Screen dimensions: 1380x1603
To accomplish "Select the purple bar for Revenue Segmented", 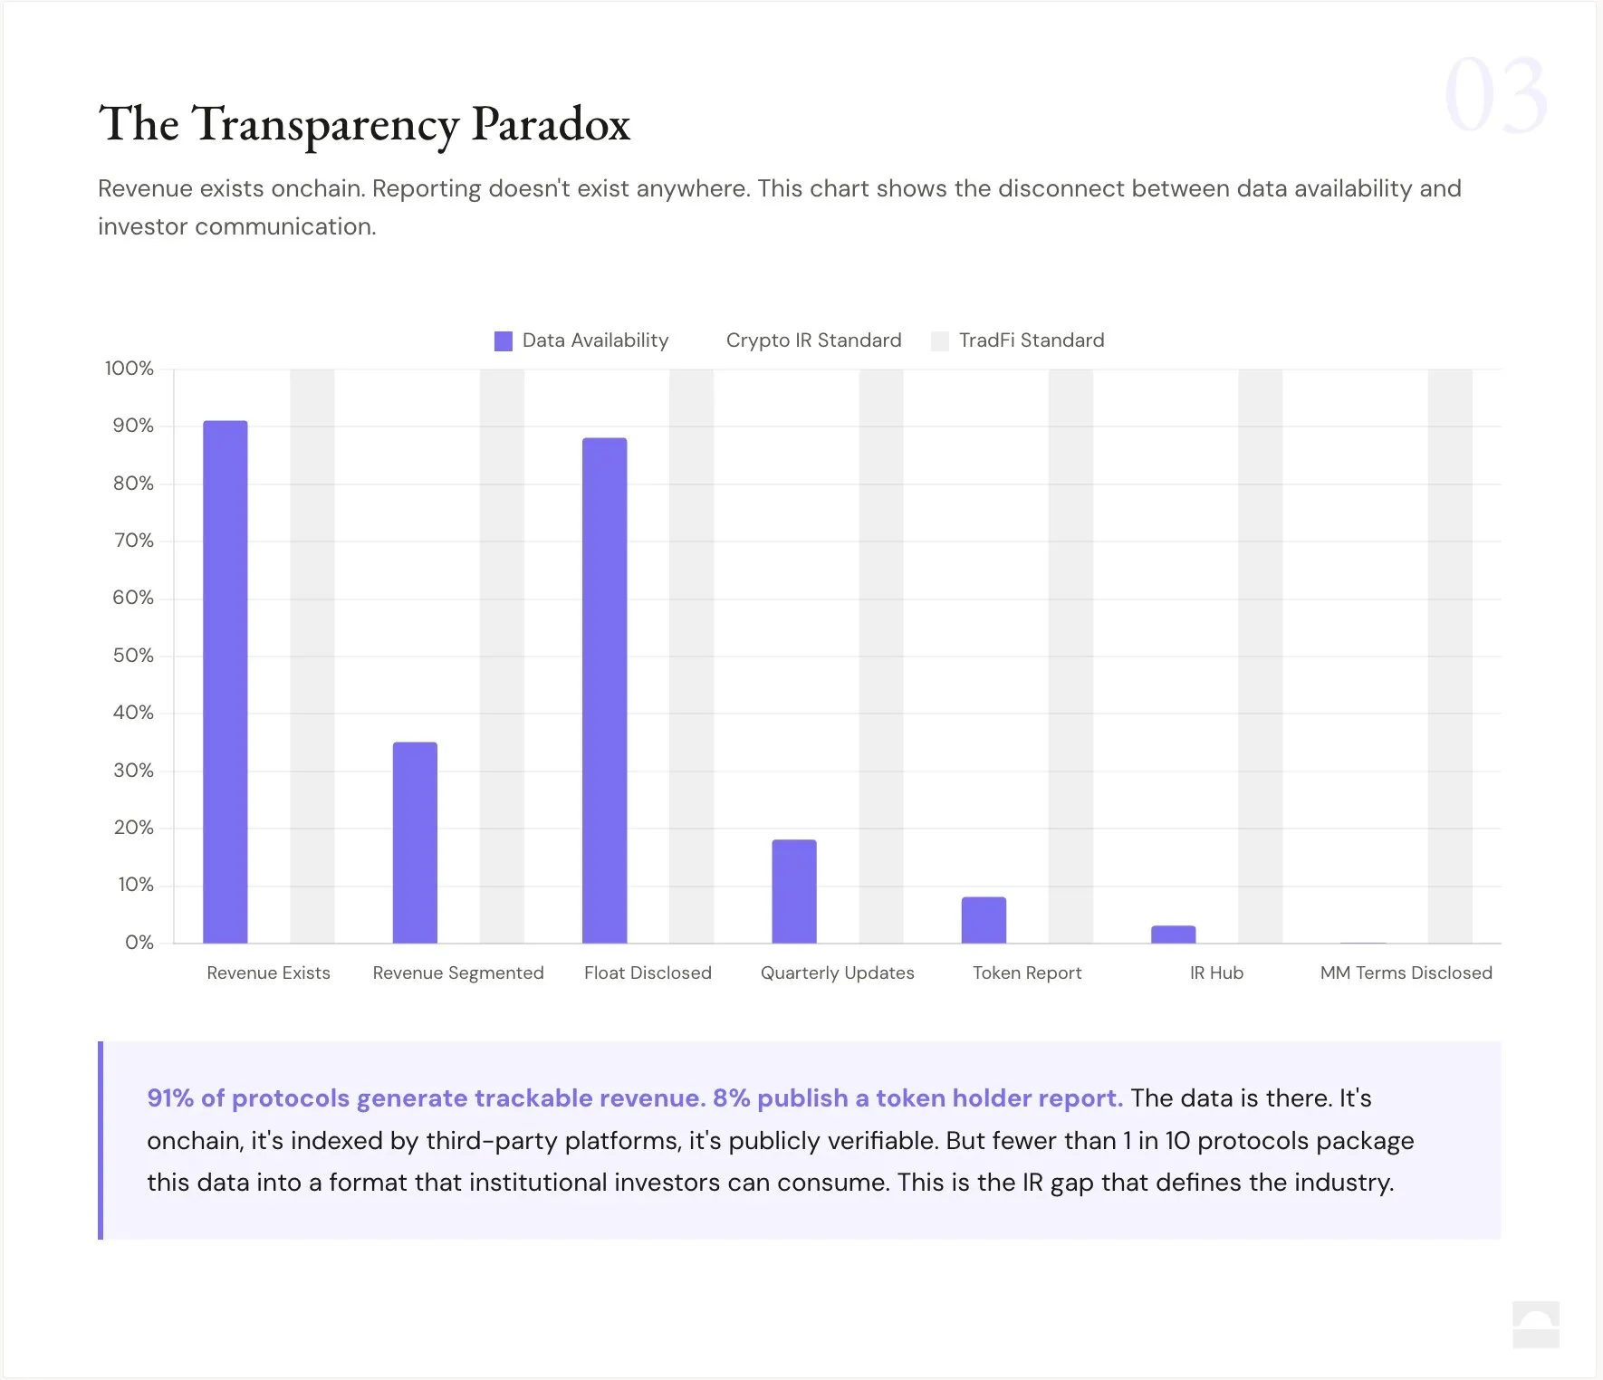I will click(415, 842).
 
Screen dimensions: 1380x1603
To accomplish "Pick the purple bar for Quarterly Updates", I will click(794, 891).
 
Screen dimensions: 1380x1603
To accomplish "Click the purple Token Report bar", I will click(984, 920).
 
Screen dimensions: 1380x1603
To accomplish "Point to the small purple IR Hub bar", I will click(1173, 934).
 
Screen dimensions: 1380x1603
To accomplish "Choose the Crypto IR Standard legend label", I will click(813, 340).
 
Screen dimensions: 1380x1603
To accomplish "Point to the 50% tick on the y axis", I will click(133, 656).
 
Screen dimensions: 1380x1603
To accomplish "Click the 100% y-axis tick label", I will click(130, 369).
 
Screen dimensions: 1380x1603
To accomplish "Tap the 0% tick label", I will click(139, 943).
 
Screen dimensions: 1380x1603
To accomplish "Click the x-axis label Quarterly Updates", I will click(837, 973).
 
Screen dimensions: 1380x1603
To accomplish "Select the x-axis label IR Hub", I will click(1216, 973).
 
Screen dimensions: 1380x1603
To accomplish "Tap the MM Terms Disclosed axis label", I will click(1406, 973).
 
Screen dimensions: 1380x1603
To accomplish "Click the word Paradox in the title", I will click(551, 124).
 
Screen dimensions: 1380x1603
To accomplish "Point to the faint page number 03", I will click(1495, 95).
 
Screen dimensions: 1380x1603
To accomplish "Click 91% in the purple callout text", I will click(170, 1097).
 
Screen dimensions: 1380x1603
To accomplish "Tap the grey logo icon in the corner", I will click(1536, 1324).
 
